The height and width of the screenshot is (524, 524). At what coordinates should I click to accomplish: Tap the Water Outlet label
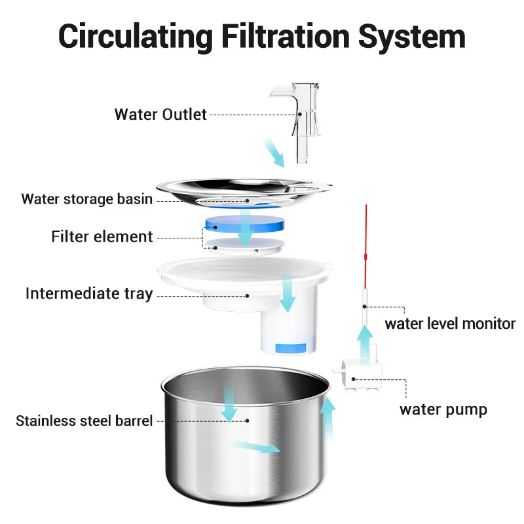160,114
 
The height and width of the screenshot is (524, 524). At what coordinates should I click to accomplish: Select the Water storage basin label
87,199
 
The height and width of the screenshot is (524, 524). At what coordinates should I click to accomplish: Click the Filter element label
102,236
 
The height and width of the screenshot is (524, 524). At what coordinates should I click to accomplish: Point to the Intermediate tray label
89,293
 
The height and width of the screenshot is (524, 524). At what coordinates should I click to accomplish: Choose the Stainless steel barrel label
84,421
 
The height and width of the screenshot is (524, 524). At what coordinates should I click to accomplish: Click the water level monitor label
450,323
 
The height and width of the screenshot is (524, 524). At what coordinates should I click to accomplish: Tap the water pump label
443,410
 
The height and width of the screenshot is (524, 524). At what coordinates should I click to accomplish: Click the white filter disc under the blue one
245,246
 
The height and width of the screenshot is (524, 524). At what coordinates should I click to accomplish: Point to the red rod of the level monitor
366,249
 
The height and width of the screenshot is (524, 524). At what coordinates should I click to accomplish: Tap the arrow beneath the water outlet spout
274,152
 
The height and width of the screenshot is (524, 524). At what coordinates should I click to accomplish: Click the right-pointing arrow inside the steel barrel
257,447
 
